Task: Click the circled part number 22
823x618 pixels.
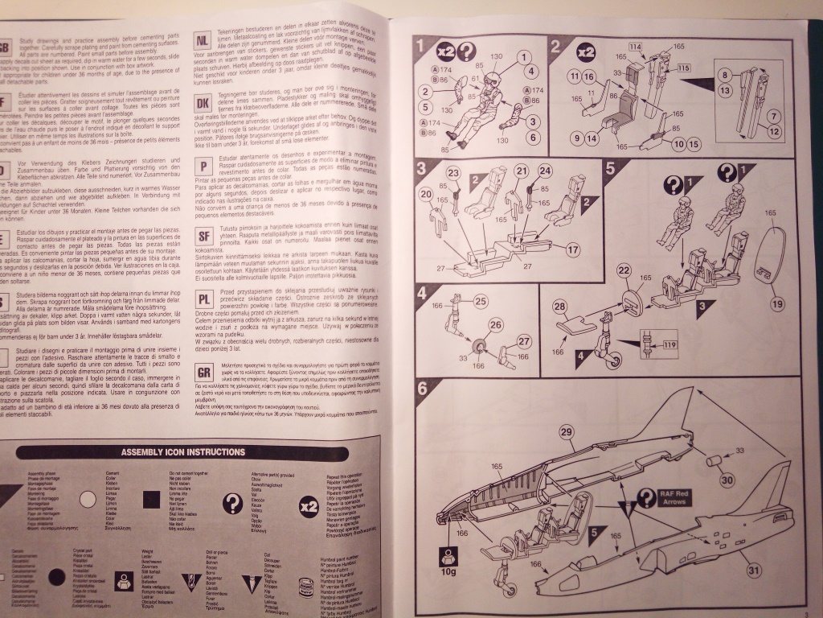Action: [624, 296]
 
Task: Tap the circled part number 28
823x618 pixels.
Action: [559, 328]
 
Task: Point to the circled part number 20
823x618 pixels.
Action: [426, 193]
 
